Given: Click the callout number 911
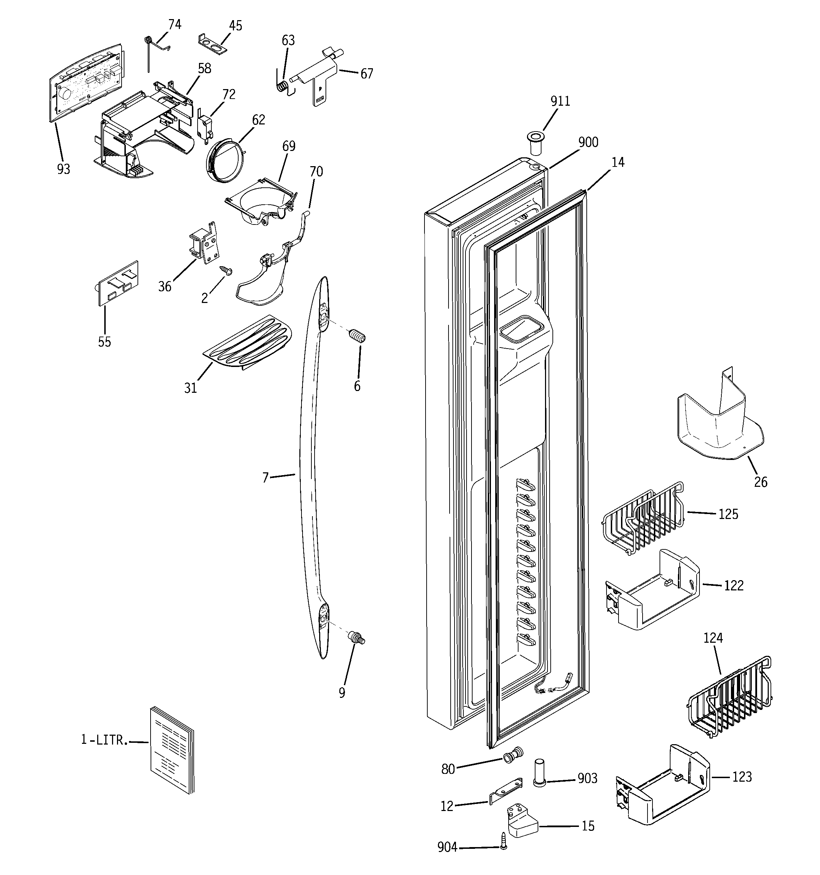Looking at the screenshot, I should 560,101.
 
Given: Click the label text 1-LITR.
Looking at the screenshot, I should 104,740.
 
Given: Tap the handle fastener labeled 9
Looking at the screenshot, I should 357,638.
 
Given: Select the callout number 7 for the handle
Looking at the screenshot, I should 265,478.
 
